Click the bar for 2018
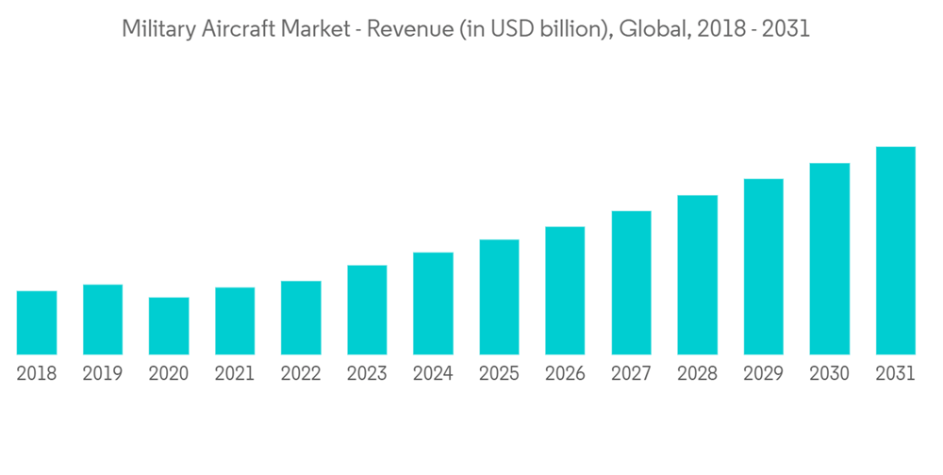(x=37, y=323)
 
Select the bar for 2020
(x=169, y=326)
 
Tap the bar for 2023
(x=367, y=310)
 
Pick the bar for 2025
(x=499, y=297)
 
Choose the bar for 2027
(x=631, y=283)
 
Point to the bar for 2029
(x=763, y=267)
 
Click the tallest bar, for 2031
(x=895, y=251)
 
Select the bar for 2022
(x=301, y=318)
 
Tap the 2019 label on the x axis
(x=103, y=374)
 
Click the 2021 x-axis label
(x=235, y=374)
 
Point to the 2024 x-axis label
(x=433, y=374)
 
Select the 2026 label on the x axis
(x=565, y=374)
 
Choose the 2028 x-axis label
(x=697, y=374)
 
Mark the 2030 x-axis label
(x=829, y=374)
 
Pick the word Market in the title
(x=306, y=30)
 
